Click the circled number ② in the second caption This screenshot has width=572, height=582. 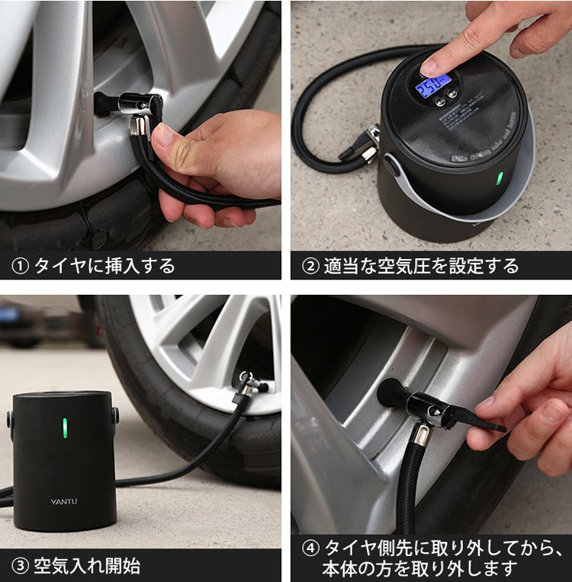(310, 266)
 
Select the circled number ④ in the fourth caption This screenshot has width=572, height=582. (310, 548)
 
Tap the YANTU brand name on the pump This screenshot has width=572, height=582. (64, 501)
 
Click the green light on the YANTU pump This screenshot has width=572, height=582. (65, 427)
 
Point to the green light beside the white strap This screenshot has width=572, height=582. (500, 179)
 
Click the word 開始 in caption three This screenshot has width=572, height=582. (122, 566)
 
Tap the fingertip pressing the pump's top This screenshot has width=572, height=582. (432, 66)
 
